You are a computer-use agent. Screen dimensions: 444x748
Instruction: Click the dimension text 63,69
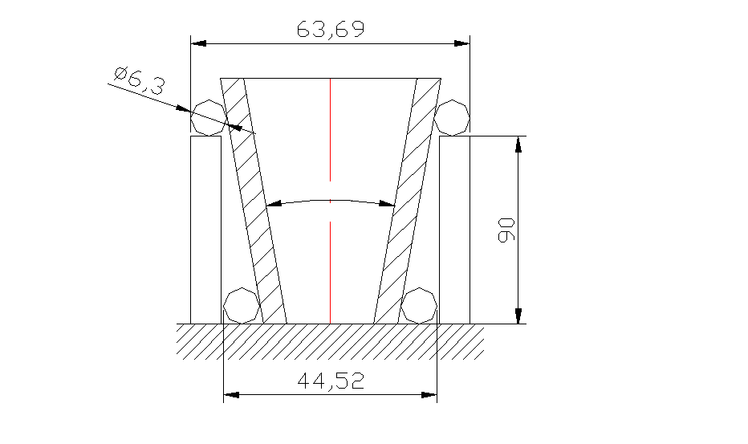[x=331, y=30]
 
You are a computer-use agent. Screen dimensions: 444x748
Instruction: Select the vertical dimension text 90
[x=506, y=230]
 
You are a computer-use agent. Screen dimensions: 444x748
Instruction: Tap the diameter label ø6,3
[x=138, y=81]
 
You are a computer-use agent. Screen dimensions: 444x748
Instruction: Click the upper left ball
[x=207, y=117]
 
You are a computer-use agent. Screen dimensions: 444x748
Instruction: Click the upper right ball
[x=453, y=117]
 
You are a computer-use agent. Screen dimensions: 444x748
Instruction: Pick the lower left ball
[x=240, y=305]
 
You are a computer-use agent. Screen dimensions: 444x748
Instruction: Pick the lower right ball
[x=419, y=305]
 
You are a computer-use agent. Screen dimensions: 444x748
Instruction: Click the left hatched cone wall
[x=253, y=201]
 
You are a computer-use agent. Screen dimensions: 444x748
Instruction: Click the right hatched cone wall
[x=407, y=201]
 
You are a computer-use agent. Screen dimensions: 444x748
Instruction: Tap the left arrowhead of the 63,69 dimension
[x=198, y=43]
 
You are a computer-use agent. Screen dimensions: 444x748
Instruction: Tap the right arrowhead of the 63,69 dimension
[x=461, y=43]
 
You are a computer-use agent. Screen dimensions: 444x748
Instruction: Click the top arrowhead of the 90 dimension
[x=518, y=145]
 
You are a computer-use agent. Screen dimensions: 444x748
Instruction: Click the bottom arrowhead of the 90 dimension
[x=518, y=316]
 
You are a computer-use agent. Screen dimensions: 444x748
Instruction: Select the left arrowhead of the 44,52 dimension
[x=231, y=394]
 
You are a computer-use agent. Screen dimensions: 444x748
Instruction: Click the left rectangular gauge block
[x=205, y=229]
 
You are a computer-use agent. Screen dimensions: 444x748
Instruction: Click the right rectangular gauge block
[x=455, y=229]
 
